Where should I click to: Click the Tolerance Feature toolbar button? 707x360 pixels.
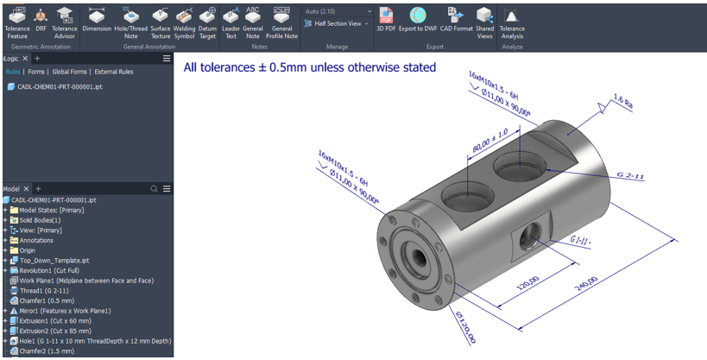pos(16,20)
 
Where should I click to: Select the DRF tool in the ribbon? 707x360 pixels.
pos(41,20)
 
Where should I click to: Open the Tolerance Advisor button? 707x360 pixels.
pos(65,20)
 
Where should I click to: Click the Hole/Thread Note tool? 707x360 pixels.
pos(131,20)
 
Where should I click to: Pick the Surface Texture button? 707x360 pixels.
pos(161,20)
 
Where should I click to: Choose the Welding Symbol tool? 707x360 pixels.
pos(185,20)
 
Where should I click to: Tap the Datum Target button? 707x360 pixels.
pos(207,20)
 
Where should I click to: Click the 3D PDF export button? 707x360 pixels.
pos(387,20)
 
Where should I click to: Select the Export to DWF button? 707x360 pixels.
pos(418,20)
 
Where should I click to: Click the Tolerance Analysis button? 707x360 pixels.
pos(512,20)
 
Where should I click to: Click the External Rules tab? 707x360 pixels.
pos(114,72)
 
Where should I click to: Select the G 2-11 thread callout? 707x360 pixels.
pos(630,176)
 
